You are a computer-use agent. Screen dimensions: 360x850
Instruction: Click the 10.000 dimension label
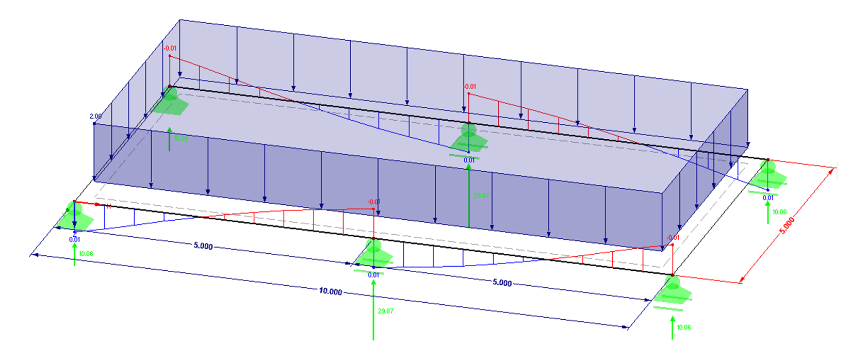pyautogui.click(x=330, y=291)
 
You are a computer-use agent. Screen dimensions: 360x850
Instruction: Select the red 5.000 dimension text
pyautogui.click(x=787, y=226)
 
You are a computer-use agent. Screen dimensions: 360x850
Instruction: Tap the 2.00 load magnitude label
pyautogui.click(x=95, y=117)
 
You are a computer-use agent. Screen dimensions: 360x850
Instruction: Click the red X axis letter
pyautogui.click(x=108, y=207)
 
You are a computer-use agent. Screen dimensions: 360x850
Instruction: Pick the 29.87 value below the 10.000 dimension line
pyautogui.click(x=386, y=311)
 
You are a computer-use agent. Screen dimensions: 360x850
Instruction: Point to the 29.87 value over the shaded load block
pyautogui.click(x=481, y=196)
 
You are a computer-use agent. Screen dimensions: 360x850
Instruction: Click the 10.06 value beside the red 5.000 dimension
pyautogui.click(x=779, y=212)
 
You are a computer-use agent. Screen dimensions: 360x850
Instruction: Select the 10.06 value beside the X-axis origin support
pyautogui.click(x=86, y=254)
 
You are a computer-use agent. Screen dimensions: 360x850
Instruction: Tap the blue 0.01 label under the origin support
pyautogui.click(x=75, y=239)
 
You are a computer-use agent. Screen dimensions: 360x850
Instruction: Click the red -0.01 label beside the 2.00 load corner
pyautogui.click(x=170, y=48)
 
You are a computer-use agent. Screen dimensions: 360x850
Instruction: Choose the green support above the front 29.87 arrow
pyautogui.click(x=374, y=251)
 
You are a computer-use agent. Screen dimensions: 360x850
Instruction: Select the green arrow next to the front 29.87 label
pyautogui.click(x=373, y=309)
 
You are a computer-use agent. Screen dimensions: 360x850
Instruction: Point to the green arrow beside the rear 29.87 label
pyautogui.click(x=469, y=196)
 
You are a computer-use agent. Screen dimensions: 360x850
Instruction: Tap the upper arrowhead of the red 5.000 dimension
pyautogui.click(x=831, y=171)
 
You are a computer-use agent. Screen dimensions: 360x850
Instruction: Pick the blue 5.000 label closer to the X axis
pyautogui.click(x=203, y=246)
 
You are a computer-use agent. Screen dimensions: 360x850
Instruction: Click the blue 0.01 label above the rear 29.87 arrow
pyautogui.click(x=469, y=160)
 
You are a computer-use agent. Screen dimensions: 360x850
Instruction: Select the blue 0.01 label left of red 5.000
pyautogui.click(x=768, y=198)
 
